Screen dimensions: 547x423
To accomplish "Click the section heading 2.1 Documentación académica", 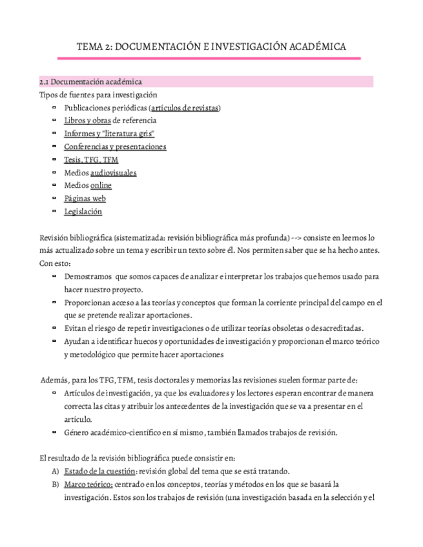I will pyautogui.click(x=90, y=82).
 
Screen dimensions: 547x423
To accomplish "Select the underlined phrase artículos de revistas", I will pyautogui.click(x=185, y=108).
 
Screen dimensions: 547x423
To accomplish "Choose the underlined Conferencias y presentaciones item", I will pyautogui.click(x=115, y=146).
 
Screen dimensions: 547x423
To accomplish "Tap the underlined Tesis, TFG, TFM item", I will pyautogui.click(x=91, y=159).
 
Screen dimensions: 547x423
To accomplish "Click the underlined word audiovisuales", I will pyautogui.click(x=113, y=173).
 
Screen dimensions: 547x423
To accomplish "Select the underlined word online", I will pyautogui.click(x=101, y=186).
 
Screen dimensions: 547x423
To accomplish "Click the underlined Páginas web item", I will pyautogui.click(x=85, y=199).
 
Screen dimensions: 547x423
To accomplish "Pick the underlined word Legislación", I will pyautogui.click(x=83, y=212).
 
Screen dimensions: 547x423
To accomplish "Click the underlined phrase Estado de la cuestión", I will pyautogui.click(x=99, y=471).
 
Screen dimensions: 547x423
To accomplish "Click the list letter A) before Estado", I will pyautogui.click(x=55, y=471).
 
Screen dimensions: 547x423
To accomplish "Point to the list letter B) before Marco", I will pyautogui.click(x=55, y=484).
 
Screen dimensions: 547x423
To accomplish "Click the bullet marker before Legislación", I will pyautogui.click(x=54, y=211).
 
